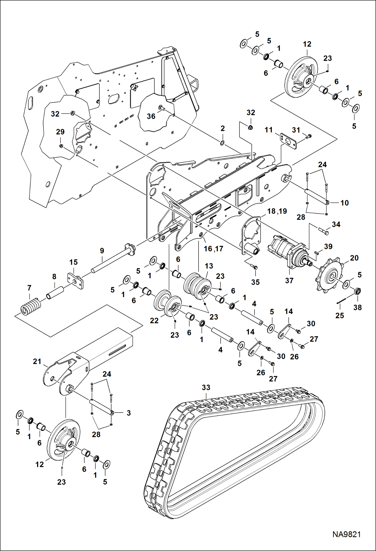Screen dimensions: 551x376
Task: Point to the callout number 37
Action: click(289, 280)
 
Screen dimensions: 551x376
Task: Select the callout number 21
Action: click(37, 361)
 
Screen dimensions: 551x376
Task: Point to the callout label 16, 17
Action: click(213, 249)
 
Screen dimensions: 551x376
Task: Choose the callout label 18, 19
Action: click(277, 211)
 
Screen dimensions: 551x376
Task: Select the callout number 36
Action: click(151, 116)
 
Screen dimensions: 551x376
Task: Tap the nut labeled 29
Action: click(61, 146)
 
